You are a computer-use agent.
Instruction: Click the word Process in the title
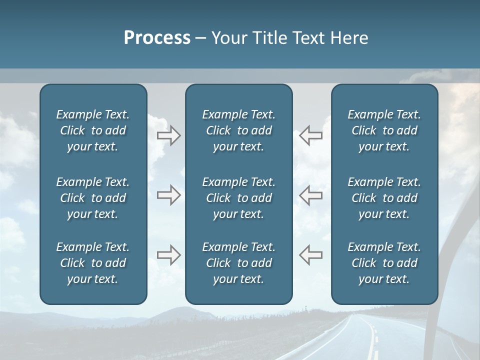[157, 38]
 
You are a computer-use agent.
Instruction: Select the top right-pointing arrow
[169, 135]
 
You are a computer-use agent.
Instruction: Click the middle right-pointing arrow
[169, 195]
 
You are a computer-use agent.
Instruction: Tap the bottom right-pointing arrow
[169, 255]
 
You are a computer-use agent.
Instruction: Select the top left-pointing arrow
[310, 135]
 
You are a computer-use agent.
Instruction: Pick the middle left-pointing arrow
[310, 195]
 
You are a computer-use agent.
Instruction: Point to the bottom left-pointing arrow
[310, 255]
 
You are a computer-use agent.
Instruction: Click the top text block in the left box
[93, 130]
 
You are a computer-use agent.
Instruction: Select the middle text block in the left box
[93, 198]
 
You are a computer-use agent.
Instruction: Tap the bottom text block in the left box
[93, 263]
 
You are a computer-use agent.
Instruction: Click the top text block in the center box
[238, 130]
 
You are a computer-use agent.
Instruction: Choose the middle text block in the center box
[238, 198]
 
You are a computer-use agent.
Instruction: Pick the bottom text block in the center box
[238, 263]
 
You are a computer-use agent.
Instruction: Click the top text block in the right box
[384, 130]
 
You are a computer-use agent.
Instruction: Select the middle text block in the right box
[384, 198]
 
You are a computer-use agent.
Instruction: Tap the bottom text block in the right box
[384, 263]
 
